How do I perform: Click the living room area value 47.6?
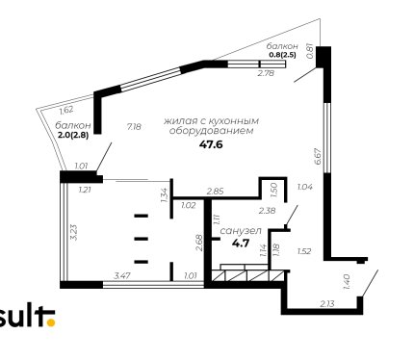211,144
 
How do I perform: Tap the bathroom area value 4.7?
241,244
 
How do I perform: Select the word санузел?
241,231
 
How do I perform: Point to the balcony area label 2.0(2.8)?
73,135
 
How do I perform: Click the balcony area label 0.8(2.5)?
282,55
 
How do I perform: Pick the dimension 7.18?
134,127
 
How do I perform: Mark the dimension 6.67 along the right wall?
318,156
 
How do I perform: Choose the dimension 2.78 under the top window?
267,73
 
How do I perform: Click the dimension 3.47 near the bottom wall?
122,275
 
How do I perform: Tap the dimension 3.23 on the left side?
73,232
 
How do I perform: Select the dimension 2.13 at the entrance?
327,303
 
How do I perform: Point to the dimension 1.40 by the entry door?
347,282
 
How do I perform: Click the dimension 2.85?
216,192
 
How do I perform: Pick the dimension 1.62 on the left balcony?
66,110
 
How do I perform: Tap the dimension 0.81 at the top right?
310,51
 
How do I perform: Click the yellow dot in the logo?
51,322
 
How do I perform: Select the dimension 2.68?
199,243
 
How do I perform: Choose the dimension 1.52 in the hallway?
304,251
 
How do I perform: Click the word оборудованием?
211,131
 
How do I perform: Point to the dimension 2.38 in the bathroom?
268,211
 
